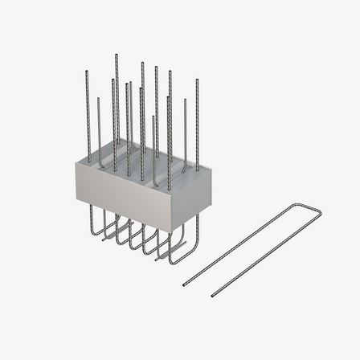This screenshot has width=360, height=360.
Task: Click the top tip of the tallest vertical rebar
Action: click(117, 55)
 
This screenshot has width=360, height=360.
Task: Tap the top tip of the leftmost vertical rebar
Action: click(87, 72)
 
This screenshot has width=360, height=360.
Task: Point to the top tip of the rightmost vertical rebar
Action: click(197, 79)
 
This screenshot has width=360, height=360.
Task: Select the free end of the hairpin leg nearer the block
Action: click(184, 284)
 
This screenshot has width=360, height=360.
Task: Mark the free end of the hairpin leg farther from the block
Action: click(212, 297)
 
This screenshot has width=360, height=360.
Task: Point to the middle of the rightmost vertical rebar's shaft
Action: click(197, 125)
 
